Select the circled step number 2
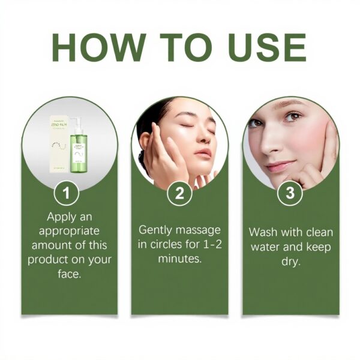tap(179, 194)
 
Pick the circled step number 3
tap(290, 194)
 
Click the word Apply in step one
tap(62, 217)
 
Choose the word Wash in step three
tap(265, 232)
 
